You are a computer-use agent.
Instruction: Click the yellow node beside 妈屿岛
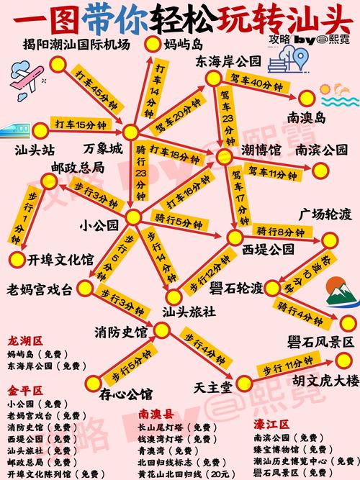[151, 44]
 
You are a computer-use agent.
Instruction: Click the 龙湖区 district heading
[24, 340]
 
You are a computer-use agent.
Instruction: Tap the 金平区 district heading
[24, 391]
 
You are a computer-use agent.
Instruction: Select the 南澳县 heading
[156, 415]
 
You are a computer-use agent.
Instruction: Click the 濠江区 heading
[271, 424]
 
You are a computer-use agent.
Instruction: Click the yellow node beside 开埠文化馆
[16, 258]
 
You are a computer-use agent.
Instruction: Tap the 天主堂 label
[213, 387]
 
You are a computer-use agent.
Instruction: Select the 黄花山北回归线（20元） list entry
[183, 474]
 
